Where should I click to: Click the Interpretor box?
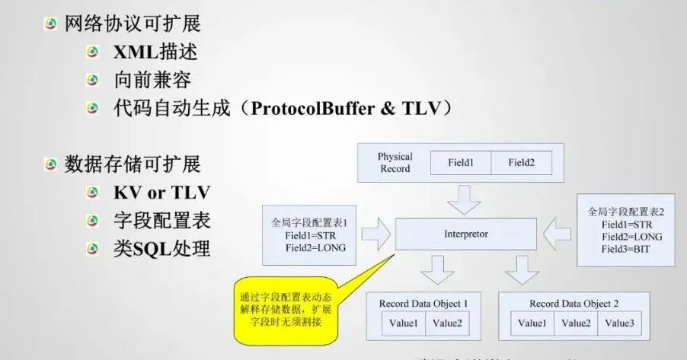point(465,234)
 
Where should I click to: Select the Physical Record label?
point(395,162)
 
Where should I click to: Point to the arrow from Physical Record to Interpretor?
point(465,200)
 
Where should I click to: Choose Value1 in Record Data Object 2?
point(534,323)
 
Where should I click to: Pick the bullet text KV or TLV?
point(161,191)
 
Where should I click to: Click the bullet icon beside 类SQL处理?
point(93,248)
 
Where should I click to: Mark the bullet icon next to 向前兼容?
point(93,80)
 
